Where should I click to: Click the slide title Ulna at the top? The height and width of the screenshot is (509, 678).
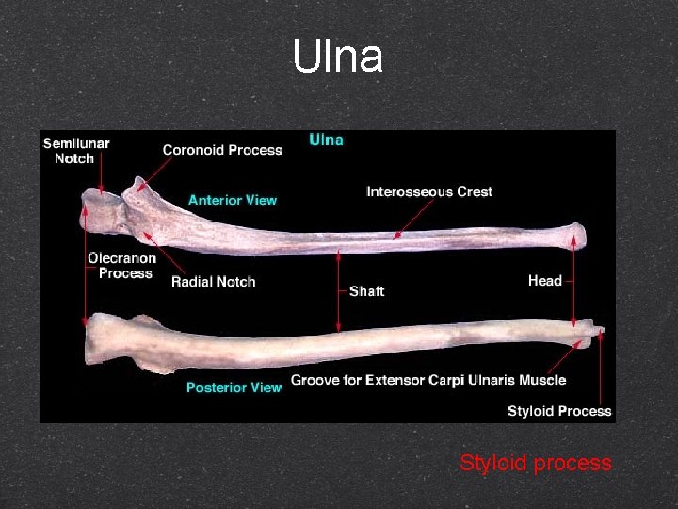pos(338,57)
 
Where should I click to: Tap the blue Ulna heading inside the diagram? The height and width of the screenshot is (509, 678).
pos(327,140)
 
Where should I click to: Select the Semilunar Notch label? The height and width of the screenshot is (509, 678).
pos(76,151)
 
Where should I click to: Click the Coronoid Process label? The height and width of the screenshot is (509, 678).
pos(222,150)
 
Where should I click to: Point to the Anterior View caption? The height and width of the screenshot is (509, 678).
pos(233,200)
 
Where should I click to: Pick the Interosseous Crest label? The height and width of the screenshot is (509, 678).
pos(428,191)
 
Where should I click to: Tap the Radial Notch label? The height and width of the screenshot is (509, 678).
pos(213,282)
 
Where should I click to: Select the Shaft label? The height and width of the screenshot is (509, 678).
pos(366,291)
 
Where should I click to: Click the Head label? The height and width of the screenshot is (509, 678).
pos(544,281)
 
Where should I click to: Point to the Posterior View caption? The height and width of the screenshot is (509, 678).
pos(234,387)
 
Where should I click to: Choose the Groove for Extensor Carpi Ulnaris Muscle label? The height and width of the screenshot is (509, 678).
pos(428,380)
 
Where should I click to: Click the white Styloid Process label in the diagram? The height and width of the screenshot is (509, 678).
pos(559,411)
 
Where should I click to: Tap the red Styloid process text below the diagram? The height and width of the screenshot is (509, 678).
pos(535,464)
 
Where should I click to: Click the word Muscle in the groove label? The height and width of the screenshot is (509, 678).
pos(542,380)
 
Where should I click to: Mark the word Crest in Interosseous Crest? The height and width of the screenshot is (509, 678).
pos(473,191)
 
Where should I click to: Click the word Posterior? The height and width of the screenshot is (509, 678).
pos(216,387)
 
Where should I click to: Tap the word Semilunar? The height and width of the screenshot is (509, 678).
pos(76,143)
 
